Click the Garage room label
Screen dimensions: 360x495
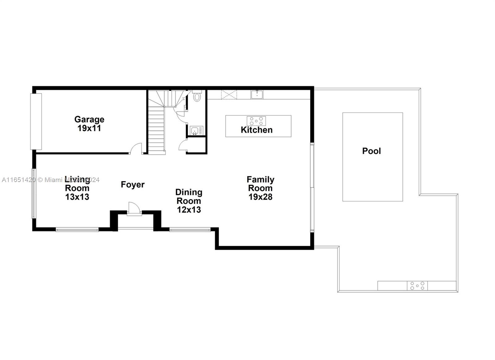click(89, 119)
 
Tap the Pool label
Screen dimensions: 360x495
click(371, 151)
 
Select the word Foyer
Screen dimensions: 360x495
click(132, 184)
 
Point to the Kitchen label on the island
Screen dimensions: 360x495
click(256, 130)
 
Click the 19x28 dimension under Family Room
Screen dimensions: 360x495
click(260, 197)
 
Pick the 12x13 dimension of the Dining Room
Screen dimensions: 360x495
click(189, 210)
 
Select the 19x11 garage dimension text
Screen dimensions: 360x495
click(89, 128)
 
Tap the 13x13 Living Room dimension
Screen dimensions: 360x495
click(77, 197)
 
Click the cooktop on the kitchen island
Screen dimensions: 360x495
click(256, 120)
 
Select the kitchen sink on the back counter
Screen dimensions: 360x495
click(257, 94)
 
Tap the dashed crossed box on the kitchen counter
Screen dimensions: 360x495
click(229, 94)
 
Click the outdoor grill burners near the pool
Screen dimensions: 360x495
click(417, 286)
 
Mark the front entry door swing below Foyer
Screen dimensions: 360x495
click(134, 208)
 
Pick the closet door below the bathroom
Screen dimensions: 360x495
click(183, 145)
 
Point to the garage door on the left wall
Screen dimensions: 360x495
click(36, 121)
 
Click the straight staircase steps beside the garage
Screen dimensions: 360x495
click(156, 130)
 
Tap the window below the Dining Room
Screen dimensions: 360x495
click(190, 230)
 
